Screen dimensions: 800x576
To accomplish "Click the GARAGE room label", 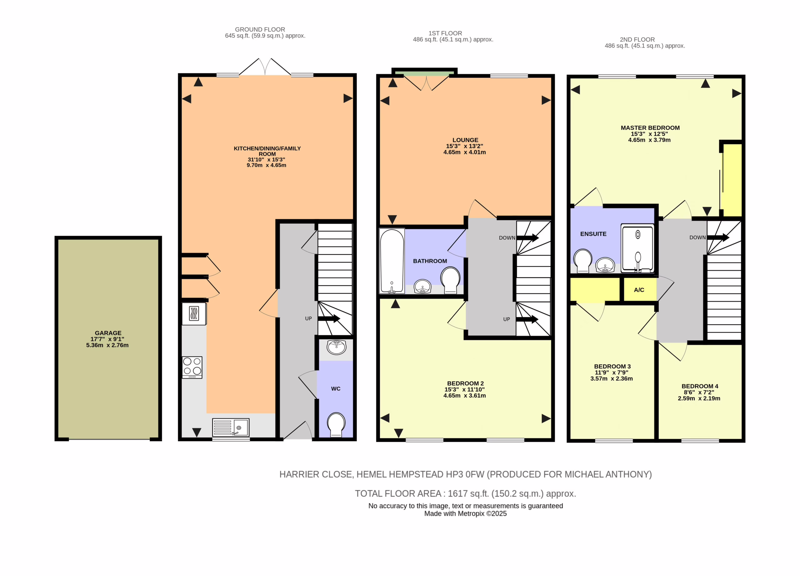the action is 108,333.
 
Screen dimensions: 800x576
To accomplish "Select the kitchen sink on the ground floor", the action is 231,427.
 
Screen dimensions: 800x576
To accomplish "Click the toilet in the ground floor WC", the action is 336,425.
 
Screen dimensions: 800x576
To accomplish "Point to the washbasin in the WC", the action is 337,347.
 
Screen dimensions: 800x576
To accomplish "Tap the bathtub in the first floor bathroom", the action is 392,261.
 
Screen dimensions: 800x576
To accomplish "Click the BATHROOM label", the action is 430,261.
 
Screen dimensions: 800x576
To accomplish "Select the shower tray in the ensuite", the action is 637,248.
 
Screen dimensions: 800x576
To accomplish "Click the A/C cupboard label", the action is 639,290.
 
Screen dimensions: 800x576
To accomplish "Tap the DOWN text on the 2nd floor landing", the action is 698,237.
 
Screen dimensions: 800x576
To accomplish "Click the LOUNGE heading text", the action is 466,140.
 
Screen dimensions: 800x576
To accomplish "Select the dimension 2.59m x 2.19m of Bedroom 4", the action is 699,398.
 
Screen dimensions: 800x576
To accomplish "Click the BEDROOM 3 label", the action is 612,366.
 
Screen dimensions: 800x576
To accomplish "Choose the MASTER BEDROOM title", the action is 650,128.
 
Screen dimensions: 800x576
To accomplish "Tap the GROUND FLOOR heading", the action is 260,30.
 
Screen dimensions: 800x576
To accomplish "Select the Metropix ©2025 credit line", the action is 465,514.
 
